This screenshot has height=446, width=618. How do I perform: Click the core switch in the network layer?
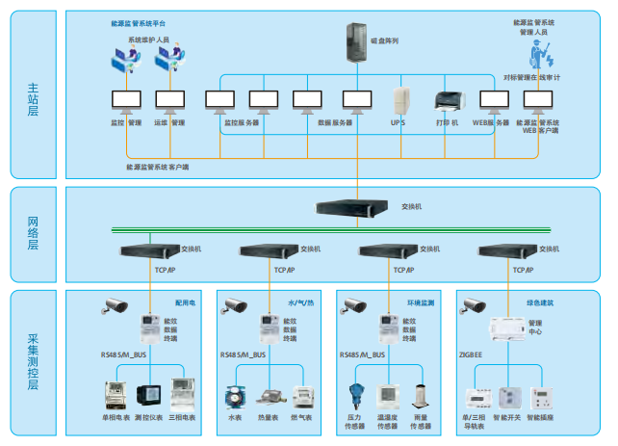tap(356, 206)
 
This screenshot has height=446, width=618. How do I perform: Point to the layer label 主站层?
tap(33, 100)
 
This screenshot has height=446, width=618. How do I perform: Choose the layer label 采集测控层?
tap(33, 360)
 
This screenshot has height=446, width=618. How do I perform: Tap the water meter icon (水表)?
tap(235, 398)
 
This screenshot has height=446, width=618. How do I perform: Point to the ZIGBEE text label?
tap(471, 355)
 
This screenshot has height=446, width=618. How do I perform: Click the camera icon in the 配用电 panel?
tap(115, 307)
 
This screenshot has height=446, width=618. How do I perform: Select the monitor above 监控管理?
tap(126, 100)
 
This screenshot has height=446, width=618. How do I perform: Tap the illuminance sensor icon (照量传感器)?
tap(421, 397)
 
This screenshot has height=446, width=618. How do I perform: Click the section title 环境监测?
tap(421, 302)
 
